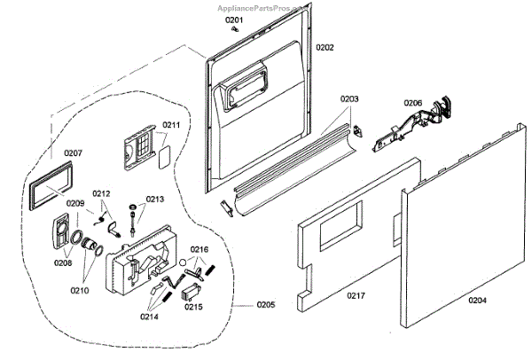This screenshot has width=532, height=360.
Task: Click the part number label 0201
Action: [233, 19]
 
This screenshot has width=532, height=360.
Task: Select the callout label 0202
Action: [325, 47]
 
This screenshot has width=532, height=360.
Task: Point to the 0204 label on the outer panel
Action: [477, 301]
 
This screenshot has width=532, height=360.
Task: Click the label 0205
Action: [265, 305]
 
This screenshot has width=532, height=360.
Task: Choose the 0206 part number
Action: [413, 102]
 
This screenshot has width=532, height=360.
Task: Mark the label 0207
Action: [73, 153]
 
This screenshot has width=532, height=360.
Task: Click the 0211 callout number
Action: [170, 125]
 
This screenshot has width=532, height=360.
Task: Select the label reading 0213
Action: [155, 200]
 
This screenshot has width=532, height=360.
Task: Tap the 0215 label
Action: [193, 308]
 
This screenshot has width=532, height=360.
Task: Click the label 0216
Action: [199, 250]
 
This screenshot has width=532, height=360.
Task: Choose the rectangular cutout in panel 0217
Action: [340, 228]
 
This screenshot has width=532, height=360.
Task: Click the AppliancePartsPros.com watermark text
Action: [266, 5]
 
